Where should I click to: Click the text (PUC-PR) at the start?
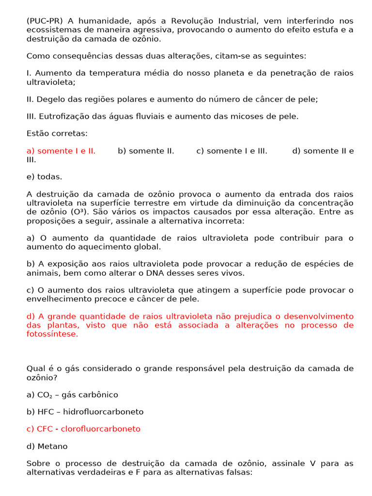[45, 21]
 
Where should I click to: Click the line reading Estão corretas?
[57, 133]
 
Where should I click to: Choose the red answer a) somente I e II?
[61, 151]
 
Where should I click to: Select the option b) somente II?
[146, 151]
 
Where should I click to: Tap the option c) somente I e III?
[232, 151]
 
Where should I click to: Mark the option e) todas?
[45, 177]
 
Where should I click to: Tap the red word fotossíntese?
[52, 334]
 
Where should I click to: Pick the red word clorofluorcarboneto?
[101, 429]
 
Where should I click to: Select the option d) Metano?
[47, 446]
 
